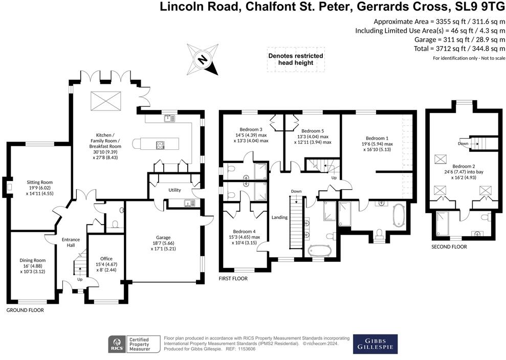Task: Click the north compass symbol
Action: tap(202, 60)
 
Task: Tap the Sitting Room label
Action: tap(40, 182)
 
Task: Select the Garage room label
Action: tap(163, 238)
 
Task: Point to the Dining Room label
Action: tap(33, 260)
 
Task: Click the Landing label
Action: tap(279, 217)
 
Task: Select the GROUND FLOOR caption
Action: tap(25, 310)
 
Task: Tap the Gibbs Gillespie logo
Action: tap(375, 344)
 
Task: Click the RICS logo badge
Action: tap(117, 345)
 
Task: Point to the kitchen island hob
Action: tap(160, 145)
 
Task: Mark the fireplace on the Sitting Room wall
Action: tap(8, 187)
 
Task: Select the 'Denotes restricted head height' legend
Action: tap(296, 59)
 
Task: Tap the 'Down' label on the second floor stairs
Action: tap(462, 144)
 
